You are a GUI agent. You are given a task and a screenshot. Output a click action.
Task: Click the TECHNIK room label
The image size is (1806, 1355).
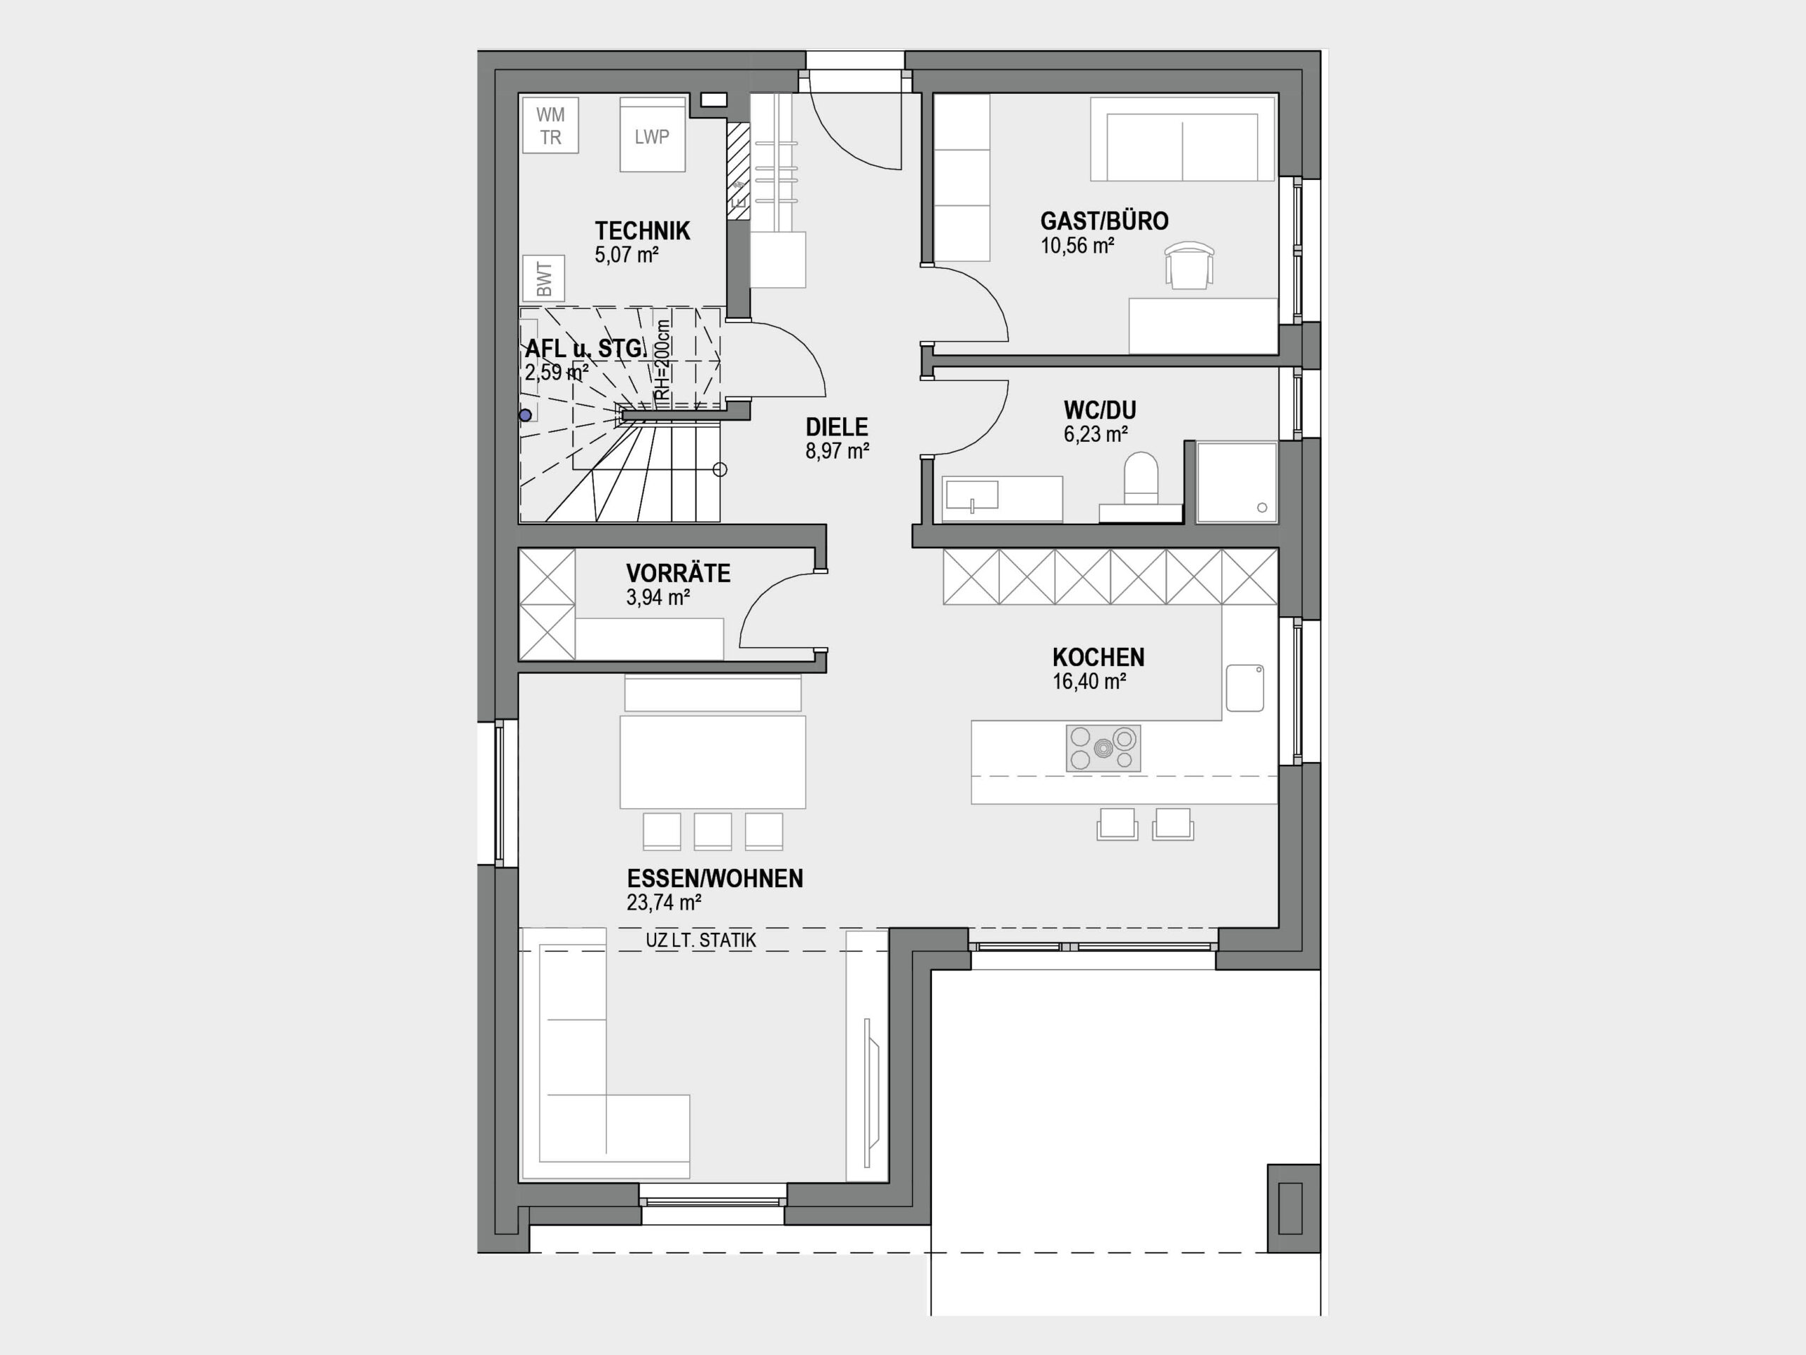(x=643, y=231)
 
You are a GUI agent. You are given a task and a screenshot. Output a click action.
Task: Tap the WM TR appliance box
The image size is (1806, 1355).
(x=551, y=126)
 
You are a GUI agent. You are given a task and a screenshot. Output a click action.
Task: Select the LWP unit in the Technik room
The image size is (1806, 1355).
(x=653, y=135)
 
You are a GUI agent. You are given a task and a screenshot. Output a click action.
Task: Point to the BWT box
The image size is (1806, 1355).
(x=544, y=279)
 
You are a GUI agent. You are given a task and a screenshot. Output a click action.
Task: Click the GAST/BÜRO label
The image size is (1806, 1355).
(x=1104, y=222)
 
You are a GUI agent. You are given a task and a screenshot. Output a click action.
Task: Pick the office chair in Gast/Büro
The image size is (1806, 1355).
(x=1189, y=265)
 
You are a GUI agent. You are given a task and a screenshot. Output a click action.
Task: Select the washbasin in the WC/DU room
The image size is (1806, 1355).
(x=971, y=495)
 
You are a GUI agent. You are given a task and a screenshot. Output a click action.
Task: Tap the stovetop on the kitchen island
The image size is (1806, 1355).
(x=1103, y=748)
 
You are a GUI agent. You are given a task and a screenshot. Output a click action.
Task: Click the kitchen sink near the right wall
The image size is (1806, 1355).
(x=1244, y=687)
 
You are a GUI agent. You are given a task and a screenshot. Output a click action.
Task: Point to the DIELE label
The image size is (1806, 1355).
(x=837, y=427)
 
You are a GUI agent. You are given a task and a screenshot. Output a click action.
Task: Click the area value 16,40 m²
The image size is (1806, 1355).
(x=1089, y=682)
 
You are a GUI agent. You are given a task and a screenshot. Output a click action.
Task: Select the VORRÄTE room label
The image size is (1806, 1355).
(x=679, y=573)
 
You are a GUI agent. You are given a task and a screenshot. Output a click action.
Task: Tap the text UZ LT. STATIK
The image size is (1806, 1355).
(x=701, y=940)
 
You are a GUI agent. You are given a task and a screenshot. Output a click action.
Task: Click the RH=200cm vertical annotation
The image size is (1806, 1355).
(x=663, y=360)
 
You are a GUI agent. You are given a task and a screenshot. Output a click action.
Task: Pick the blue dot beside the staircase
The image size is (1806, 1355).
(x=526, y=415)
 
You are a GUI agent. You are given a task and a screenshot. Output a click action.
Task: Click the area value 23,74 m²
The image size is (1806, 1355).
(x=664, y=903)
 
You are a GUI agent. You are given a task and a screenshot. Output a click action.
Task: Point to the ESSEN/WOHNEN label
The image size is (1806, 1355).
(x=715, y=879)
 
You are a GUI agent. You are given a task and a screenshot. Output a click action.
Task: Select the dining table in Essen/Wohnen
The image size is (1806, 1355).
(x=713, y=762)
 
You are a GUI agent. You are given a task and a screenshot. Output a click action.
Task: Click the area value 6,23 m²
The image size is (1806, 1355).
(x=1095, y=435)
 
